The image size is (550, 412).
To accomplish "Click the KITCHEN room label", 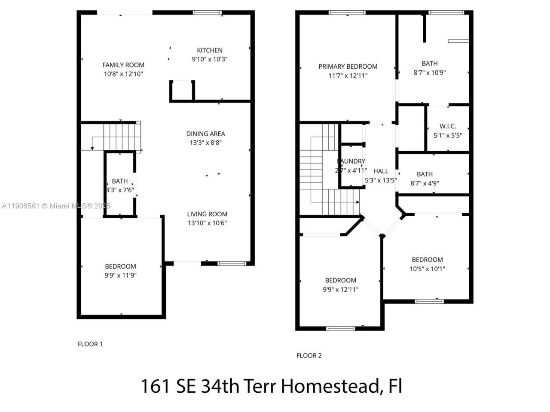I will (x=209, y=50).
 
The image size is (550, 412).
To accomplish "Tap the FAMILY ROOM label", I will (x=123, y=65).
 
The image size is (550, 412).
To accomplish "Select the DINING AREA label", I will (x=205, y=133).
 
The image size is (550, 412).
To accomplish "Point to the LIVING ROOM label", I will (x=207, y=214).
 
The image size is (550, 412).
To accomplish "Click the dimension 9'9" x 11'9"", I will (x=121, y=276).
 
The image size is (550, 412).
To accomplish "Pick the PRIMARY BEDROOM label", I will (x=348, y=67).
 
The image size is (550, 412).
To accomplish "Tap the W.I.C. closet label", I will (x=448, y=126).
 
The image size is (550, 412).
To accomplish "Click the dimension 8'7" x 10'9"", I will (x=430, y=73).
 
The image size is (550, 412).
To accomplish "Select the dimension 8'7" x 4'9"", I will (x=425, y=183).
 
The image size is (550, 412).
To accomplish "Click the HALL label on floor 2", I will (x=381, y=171).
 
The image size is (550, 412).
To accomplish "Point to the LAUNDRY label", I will (x=351, y=161).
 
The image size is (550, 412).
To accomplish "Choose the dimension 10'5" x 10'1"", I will (x=427, y=269).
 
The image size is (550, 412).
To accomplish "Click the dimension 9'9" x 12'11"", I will (x=340, y=289).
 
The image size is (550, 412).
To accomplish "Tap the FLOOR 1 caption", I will (x=90, y=344).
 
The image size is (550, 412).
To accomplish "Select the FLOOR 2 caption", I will (x=309, y=355).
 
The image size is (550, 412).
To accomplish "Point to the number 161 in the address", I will (x=155, y=386).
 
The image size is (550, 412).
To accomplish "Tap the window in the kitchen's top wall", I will (x=207, y=12).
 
